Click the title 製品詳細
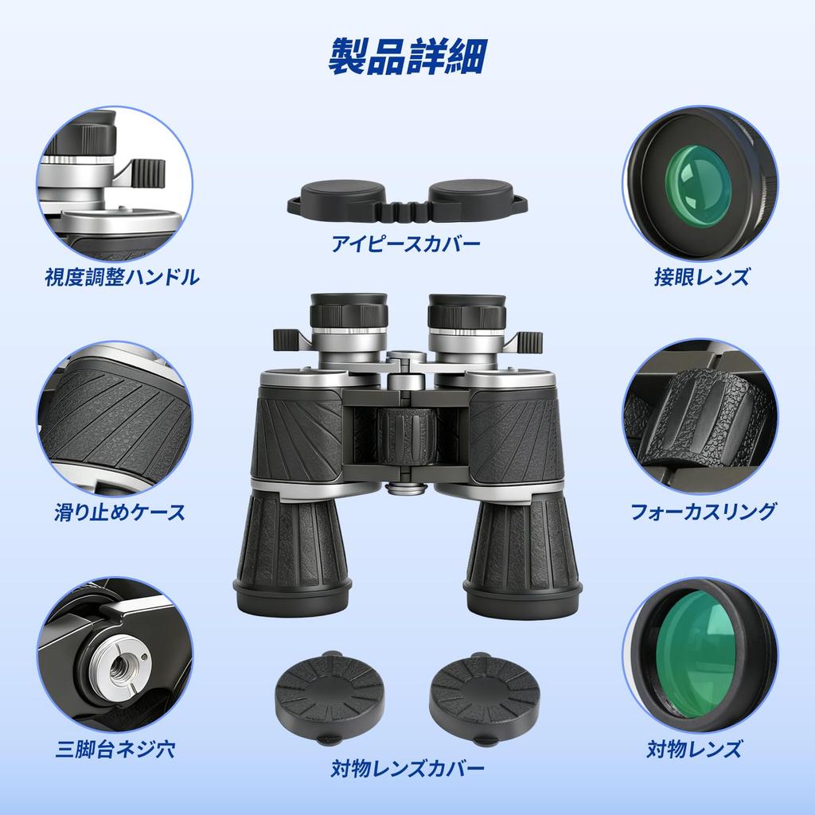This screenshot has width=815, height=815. pyautogui.click(x=407, y=56)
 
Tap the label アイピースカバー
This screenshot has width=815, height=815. pyautogui.click(x=407, y=244)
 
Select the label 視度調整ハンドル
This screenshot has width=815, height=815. pyautogui.click(x=122, y=277)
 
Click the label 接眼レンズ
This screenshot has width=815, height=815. pyautogui.click(x=701, y=277)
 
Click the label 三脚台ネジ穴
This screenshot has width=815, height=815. pyautogui.click(x=115, y=748)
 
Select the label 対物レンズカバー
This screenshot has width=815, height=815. pyautogui.click(x=407, y=769)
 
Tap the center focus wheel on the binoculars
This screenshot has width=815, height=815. pyautogui.click(x=407, y=436)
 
